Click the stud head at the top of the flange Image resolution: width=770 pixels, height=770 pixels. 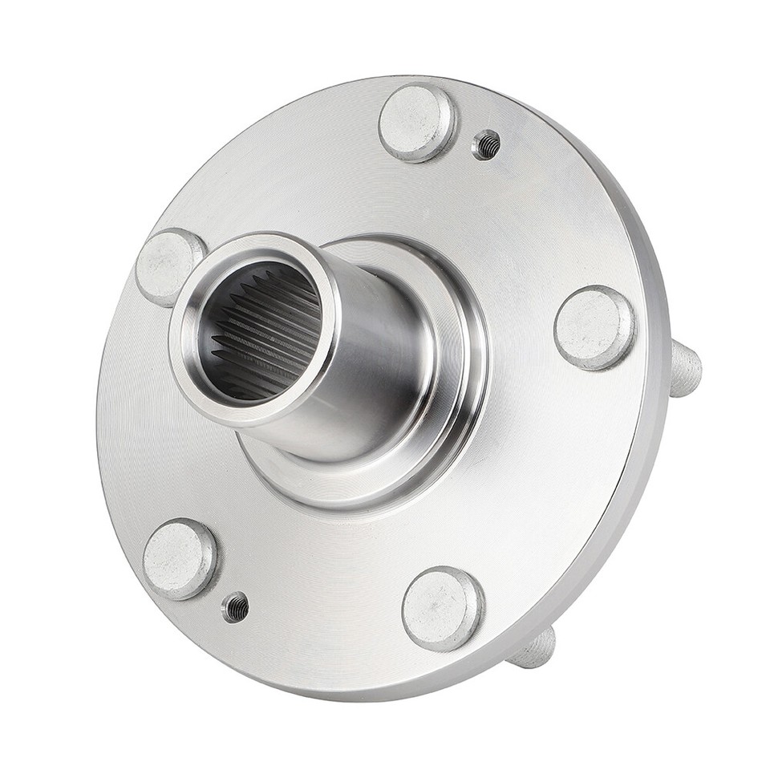[417, 123]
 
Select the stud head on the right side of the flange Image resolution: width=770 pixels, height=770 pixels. [594, 326]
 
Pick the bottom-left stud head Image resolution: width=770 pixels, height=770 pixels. [180, 559]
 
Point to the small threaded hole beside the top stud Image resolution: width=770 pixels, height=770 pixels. [486, 145]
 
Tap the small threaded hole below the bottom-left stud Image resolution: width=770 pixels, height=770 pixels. [236, 607]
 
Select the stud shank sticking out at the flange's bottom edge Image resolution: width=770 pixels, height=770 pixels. [534, 648]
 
